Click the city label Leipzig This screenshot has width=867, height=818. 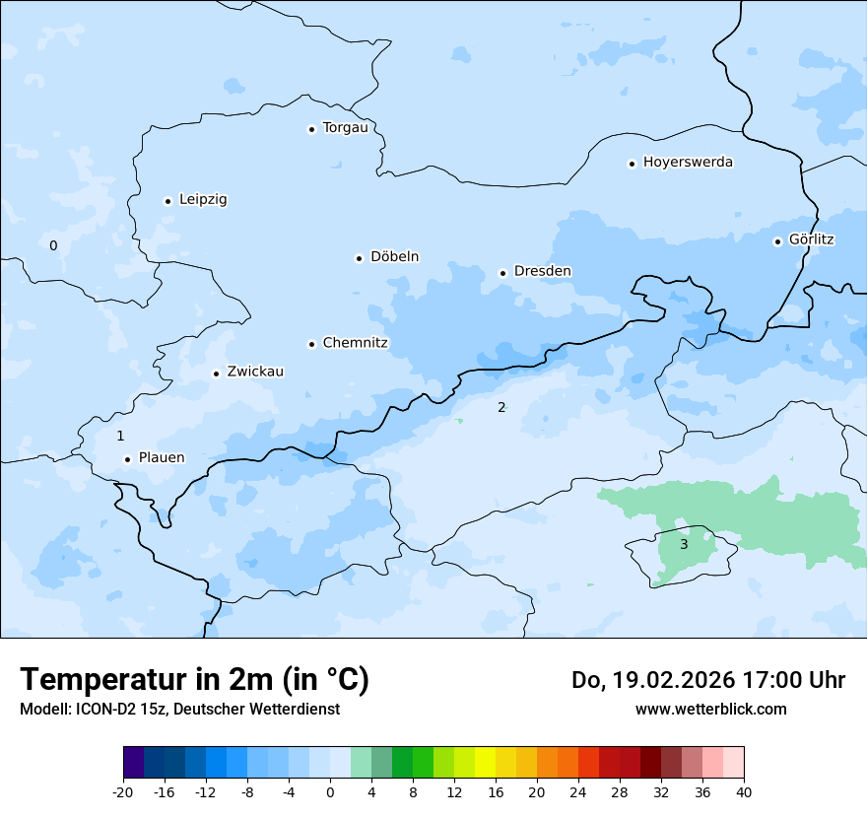point(203,199)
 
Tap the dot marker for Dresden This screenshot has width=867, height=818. point(502,273)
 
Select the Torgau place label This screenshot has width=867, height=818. point(345,127)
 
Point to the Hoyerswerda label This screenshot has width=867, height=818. point(688,162)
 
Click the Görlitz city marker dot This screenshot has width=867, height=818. point(777,241)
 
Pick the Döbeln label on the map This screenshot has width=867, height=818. point(394,256)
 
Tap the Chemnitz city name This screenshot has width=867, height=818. point(355,343)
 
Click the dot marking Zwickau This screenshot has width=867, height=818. point(216,374)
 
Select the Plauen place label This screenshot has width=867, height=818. point(162,457)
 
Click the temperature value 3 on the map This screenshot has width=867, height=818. point(684,544)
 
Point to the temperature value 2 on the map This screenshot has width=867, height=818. point(501,407)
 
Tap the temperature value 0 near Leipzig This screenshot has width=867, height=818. point(53,245)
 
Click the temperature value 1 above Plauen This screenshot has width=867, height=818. point(120,436)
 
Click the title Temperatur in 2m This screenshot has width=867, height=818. point(194,680)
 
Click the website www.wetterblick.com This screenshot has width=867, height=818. point(710,709)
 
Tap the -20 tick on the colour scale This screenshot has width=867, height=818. point(123,792)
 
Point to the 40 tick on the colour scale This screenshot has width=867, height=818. point(744,792)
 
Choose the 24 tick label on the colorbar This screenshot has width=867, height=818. point(578,792)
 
